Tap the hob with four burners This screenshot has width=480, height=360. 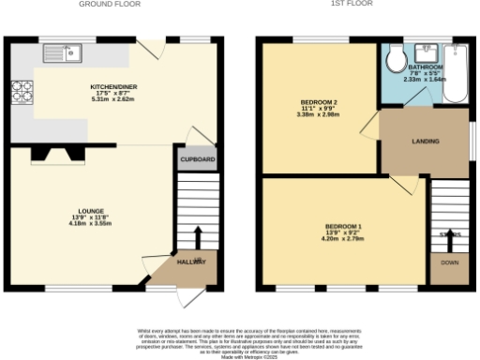[x=21, y=92]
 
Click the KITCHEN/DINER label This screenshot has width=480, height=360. [x=114, y=86]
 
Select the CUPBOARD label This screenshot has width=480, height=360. [x=197, y=159]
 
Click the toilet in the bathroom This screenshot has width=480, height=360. [x=396, y=60]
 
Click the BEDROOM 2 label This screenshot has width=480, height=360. [x=319, y=100]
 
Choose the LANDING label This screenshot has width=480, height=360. [x=427, y=142]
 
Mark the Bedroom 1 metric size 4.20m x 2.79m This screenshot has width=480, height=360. [x=342, y=239]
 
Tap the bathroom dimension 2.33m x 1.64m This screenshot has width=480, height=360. [x=425, y=80]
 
